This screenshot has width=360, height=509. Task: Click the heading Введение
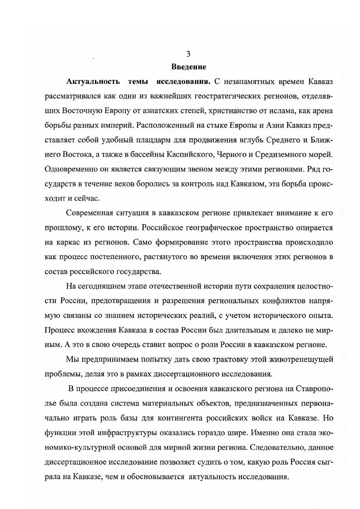(x=188, y=67)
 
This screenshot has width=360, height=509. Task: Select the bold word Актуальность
(x=93, y=82)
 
